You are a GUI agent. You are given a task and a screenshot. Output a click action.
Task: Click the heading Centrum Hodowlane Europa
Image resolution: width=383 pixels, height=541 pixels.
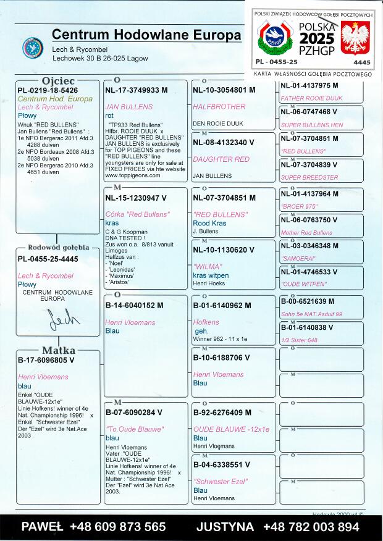click(146, 35)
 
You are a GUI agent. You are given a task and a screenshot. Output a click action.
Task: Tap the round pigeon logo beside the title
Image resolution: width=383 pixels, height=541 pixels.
click(32, 47)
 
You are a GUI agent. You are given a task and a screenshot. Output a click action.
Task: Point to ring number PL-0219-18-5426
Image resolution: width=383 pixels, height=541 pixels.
click(48, 90)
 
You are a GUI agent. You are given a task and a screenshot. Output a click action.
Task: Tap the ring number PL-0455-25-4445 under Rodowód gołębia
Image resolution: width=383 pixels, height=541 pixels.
click(48, 259)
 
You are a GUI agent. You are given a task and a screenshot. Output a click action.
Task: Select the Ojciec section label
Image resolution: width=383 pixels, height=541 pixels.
click(58, 81)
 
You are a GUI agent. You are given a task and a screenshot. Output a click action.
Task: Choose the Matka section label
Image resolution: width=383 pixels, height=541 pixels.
click(58, 351)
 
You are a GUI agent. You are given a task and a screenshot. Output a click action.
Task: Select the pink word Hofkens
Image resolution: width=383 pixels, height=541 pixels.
click(206, 322)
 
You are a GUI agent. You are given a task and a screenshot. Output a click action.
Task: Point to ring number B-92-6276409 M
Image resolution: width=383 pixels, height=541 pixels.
click(223, 413)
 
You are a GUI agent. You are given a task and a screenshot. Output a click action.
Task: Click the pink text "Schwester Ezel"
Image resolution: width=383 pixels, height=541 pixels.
click(221, 482)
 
